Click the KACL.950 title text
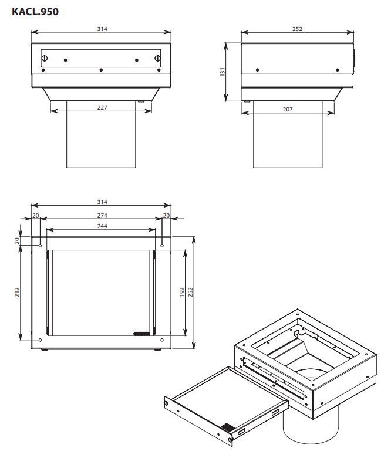click(x=35, y=12)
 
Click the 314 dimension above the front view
click(x=102, y=29)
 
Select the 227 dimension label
click(x=102, y=107)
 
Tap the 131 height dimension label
click(x=223, y=72)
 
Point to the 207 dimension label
click(x=288, y=109)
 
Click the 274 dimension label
click(x=102, y=215)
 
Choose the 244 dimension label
click(x=102, y=226)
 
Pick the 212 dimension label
click(x=17, y=292)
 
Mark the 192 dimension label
click(x=182, y=292)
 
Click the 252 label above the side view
click(x=297, y=29)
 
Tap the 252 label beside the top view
click(x=190, y=292)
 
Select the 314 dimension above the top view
click(x=102, y=202)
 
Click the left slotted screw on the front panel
click(x=45, y=58)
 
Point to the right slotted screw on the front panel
click(x=157, y=58)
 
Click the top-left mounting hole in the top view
click(x=41, y=246)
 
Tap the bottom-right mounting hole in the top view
click(x=162, y=340)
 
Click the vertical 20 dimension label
click(x=17, y=240)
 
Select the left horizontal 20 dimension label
click(x=36, y=215)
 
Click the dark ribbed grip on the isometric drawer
click(x=228, y=427)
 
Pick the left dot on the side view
click(x=257, y=70)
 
